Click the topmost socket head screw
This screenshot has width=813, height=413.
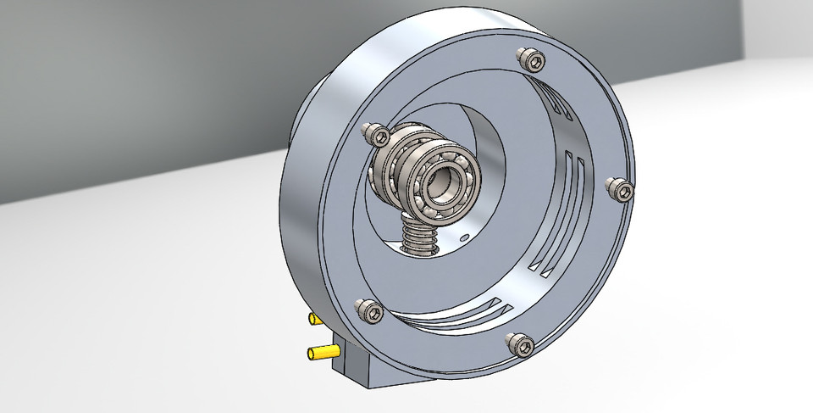(x=529, y=59)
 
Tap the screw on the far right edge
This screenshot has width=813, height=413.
(x=622, y=189)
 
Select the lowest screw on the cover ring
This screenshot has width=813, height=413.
(x=519, y=343)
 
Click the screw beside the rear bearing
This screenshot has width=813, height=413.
(x=373, y=133)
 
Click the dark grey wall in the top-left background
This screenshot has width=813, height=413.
(x=127, y=85)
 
